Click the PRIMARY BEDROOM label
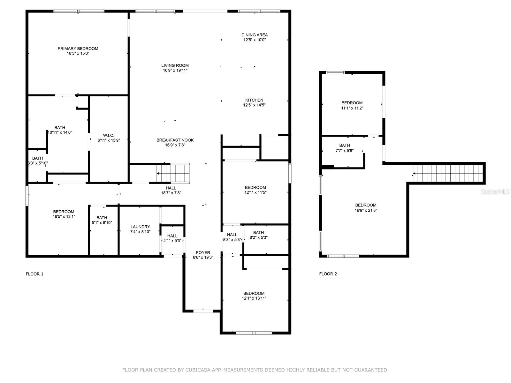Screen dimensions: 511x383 pos(78,49)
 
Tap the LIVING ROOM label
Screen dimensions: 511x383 pos(175,65)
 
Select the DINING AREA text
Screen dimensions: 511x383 pos(255,35)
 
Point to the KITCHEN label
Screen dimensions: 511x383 pos(254,100)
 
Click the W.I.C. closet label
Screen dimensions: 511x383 pos(109,135)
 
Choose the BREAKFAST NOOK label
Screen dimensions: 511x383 pos(175,140)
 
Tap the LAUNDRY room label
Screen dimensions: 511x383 pos(140,227)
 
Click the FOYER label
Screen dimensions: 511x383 pos(203,252)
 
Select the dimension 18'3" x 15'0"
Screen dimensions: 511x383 pos(78,54)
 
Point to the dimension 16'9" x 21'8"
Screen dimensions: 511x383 pos(366,210)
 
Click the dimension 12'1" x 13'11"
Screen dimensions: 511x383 pos(254,298)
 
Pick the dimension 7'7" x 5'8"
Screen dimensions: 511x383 pos(345,151)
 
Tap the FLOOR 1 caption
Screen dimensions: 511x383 pos(34,274)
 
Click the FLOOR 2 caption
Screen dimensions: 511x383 pos(328,274)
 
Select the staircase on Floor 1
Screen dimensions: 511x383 pos(173,173)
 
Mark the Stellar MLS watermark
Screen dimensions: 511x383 pos(495,192)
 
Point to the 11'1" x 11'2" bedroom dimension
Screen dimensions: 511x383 pos(352,108)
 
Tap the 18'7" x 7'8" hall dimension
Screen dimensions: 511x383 pos(171,193)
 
